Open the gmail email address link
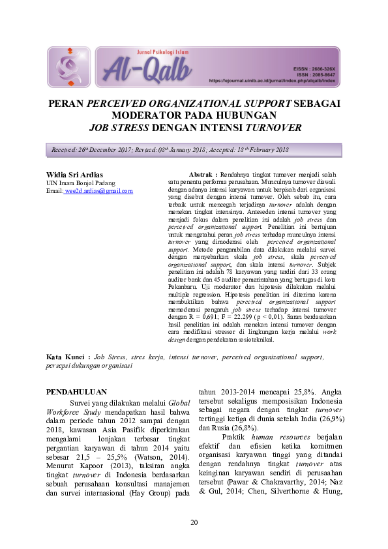99,190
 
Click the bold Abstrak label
202,175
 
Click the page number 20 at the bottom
194,523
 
